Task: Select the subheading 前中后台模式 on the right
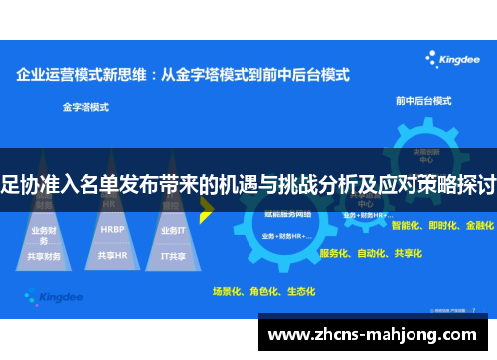[422, 101]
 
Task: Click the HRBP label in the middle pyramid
[112, 229]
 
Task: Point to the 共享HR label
[112, 255]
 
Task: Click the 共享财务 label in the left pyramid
[45, 256]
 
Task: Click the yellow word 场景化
[230, 291]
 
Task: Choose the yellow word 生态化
[299, 291]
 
